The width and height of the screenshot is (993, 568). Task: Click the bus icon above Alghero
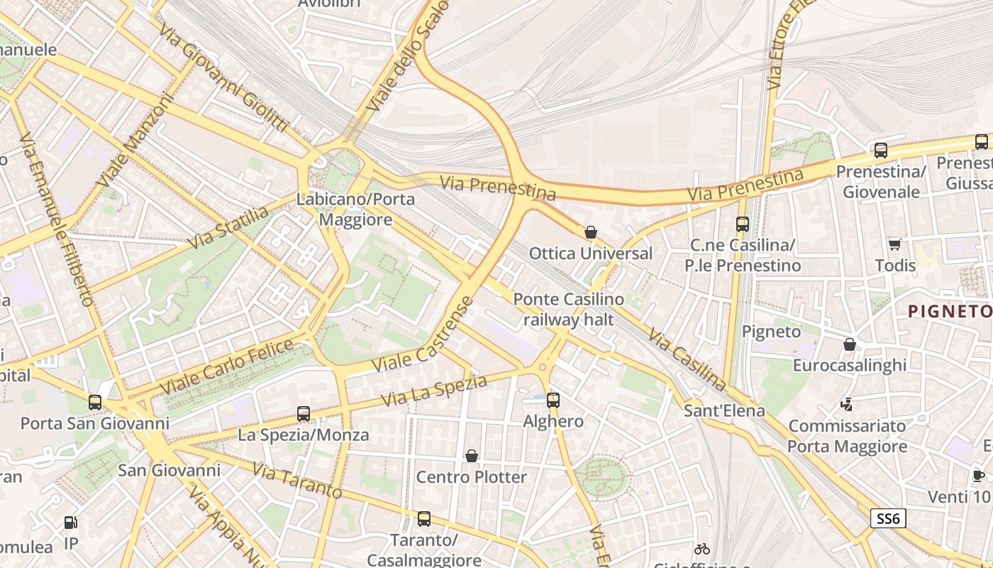pos(553,400)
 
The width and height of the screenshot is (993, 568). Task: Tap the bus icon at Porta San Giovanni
pos(95,403)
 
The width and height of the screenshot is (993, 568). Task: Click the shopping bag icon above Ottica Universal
pos(590,232)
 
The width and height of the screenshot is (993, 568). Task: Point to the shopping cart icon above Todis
pos(895,244)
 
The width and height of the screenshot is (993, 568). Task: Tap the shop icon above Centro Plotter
pos(471,456)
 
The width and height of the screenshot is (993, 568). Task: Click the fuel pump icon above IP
pos(70,523)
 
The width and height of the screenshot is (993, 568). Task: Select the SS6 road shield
pos(888,519)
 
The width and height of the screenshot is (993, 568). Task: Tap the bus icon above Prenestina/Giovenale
pos(881,151)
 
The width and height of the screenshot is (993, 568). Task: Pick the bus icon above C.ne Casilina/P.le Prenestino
pos(743,224)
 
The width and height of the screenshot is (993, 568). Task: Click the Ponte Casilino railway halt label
pos(568,310)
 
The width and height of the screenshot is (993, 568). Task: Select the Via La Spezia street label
pos(434,391)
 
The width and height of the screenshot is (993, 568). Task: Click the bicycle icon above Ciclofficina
pos(702,549)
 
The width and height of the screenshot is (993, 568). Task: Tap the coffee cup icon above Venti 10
pos(979,476)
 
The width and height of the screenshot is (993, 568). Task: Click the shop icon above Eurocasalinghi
pos(850,344)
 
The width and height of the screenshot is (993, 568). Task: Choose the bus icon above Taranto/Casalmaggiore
pos(424,519)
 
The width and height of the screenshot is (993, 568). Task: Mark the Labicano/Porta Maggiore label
pos(355,209)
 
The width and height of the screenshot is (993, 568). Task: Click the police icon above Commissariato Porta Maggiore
pos(846,405)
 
